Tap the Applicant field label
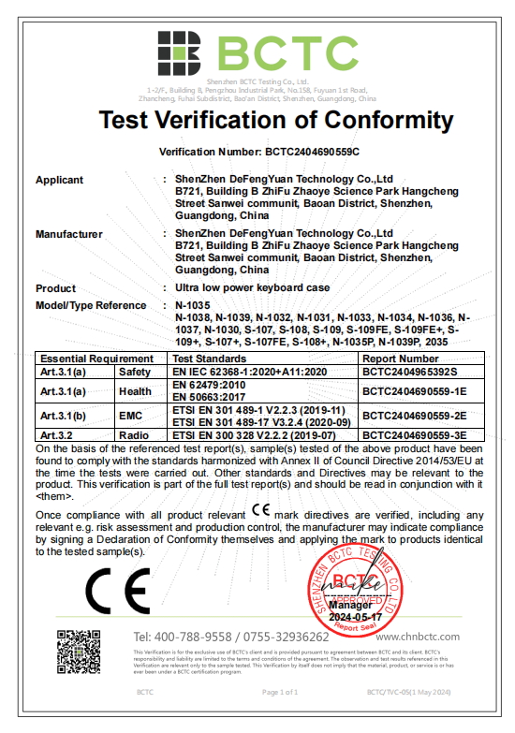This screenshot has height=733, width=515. (x=59, y=180)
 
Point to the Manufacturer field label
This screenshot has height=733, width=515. (x=69, y=234)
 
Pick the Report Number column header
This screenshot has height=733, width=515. (x=400, y=359)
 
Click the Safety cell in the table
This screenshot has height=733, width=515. (x=132, y=371)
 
